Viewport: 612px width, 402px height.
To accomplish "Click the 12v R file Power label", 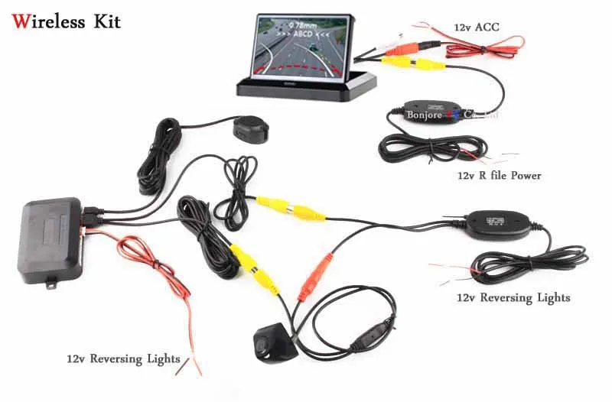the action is (x=499, y=176).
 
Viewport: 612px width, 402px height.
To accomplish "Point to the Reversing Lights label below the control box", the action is (x=123, y=358).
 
